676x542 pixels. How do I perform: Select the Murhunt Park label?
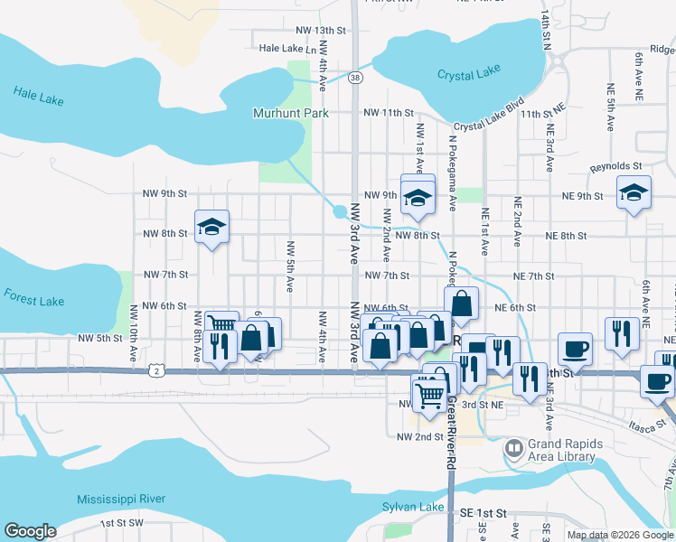pos(289,113)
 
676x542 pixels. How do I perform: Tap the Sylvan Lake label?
pos(413,507)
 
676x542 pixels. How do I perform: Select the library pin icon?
pos(514,447)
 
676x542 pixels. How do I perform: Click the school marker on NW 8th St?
pos(211,228)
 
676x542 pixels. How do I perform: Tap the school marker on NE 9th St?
pos(634,192)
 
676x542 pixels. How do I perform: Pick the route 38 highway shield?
pos(357,78)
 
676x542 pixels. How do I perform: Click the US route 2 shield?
pos(157,369)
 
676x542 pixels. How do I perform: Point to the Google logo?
pos(30,531)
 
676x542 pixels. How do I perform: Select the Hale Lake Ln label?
pos(289,49)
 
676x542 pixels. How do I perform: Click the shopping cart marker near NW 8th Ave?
pos(221,325)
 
